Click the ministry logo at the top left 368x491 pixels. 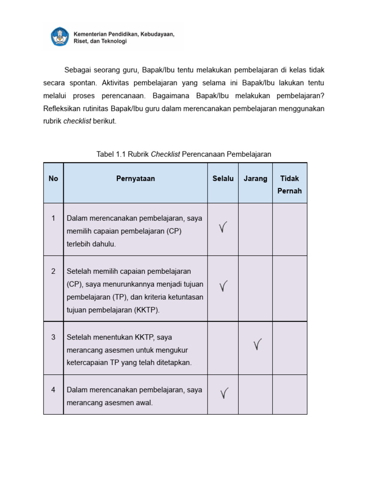(x=60, y=37)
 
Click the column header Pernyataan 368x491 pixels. (x=135, y=178)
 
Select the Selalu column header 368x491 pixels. (x=223, y=178)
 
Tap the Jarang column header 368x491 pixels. (x=255, y=178)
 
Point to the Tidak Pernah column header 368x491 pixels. (x=289, y=185)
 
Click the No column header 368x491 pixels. (x=53, y=178)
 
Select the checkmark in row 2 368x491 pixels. (x=223, y=287)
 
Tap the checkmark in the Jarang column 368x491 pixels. (x=257, y=344)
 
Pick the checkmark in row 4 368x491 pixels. (x=223, y=394)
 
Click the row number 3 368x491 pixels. (x=53, y=337)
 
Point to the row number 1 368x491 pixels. (x=53, y=218)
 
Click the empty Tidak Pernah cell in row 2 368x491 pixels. (x=289, y=288)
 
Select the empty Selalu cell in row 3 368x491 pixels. (x=223, y=348)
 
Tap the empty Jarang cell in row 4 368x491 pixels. (x=255, y=395)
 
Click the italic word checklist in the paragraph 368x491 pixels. (x=77, y=121)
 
